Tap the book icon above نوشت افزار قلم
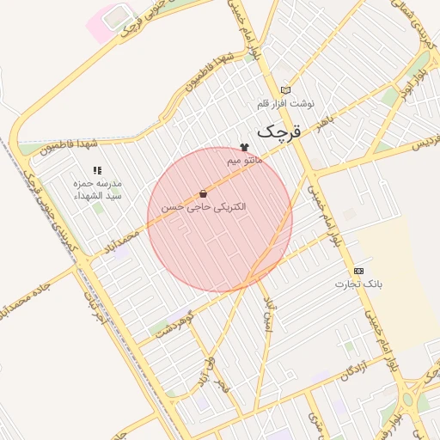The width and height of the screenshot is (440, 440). (x=285, y=90)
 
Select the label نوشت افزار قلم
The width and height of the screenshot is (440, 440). (x=285, y=103)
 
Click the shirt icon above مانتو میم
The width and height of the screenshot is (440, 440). (x=244, y=148)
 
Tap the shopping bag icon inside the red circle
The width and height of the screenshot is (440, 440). (x=203, y=194)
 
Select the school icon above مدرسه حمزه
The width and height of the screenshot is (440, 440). (x=97, y=171)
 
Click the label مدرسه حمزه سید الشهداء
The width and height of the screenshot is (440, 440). (x=97, y=190)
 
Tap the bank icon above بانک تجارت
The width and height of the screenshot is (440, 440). (x=358, y=271)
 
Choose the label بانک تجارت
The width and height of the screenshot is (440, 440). (x=358, y=283)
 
